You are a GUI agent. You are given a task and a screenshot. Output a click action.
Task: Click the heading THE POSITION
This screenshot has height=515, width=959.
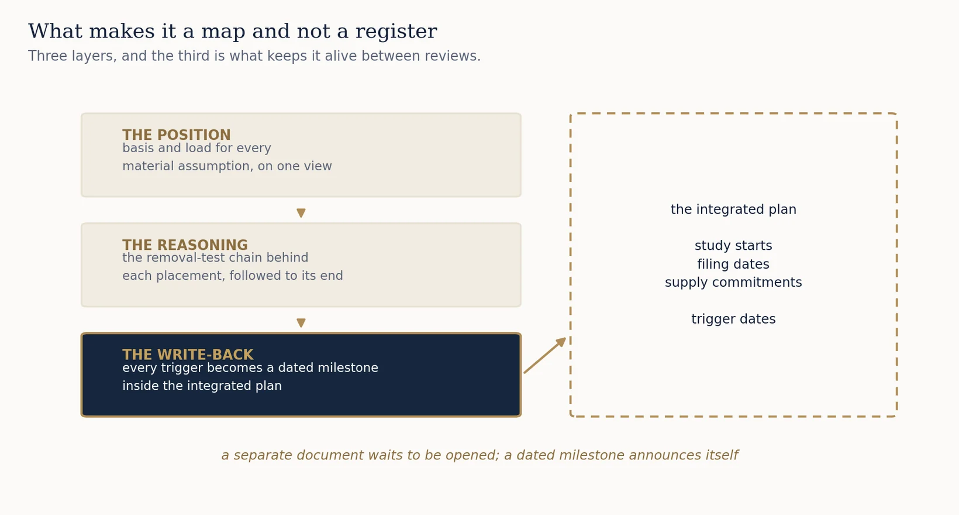point(177,135)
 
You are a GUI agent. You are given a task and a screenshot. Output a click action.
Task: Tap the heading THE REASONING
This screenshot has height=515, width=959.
point(185,245)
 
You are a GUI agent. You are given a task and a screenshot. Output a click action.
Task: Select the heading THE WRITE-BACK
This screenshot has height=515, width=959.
point(188,355)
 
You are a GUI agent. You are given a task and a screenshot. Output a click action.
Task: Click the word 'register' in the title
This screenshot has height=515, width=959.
point(396,31)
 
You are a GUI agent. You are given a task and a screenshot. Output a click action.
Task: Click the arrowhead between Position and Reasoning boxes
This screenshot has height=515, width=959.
point(301,213)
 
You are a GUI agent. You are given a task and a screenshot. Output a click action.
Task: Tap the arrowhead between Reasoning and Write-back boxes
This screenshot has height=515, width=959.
point(301,322)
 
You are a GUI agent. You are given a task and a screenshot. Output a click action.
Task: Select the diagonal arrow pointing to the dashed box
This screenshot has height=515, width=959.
point(545,355)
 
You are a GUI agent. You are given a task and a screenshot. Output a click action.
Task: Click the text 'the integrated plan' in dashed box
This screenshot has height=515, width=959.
point(733,210)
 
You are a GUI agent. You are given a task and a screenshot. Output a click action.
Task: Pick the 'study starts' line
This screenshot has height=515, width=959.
point(733,246)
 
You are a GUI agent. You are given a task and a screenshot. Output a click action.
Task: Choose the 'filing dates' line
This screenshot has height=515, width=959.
point(733,264)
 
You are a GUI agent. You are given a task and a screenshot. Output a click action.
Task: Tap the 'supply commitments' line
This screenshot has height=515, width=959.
point(733,282)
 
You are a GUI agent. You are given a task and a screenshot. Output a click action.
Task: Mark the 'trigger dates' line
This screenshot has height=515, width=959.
point(733,319)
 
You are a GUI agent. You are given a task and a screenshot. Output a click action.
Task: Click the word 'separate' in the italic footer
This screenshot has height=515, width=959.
point(261,455)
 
